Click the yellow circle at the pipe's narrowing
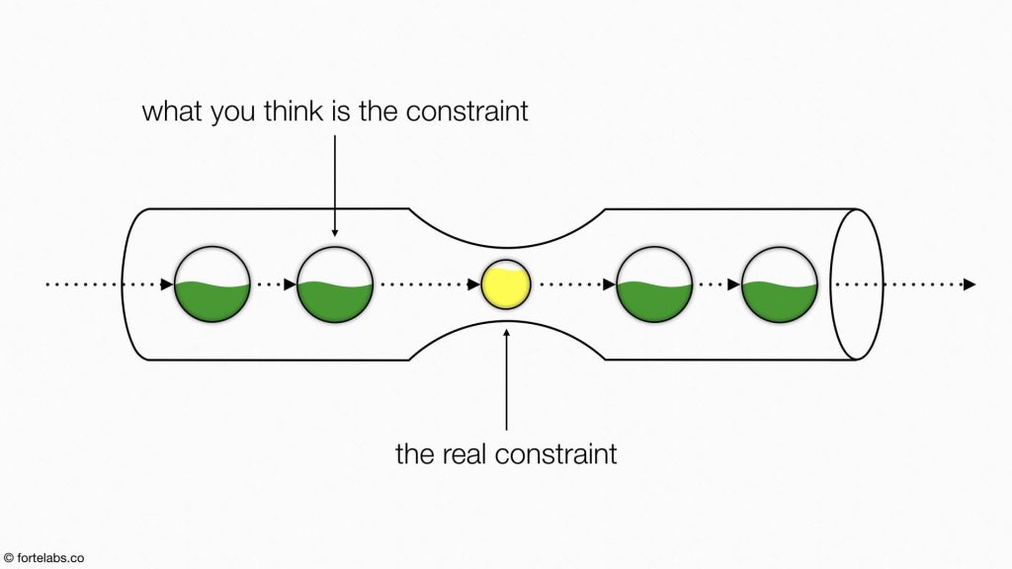click(x=506, y=284)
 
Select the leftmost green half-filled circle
click(x=212, y=284)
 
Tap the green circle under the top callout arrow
click(x=335, y=284)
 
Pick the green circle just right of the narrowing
click(x=654, y=284)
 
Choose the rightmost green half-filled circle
click(x=780, y=284)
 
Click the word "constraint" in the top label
click(x=467, y=111)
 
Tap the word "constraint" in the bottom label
click(x=555, y=453)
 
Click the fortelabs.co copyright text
click(x=43, y=558)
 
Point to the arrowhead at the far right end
click(x=970, y=284)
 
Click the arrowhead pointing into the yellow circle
click(x=474, y=284)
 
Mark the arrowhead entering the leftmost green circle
click(x=167, y=284)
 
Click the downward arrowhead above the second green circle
click(x=334, y=233)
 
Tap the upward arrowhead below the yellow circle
click(x=507, y=334)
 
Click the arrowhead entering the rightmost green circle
click(x=734, y=284)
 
